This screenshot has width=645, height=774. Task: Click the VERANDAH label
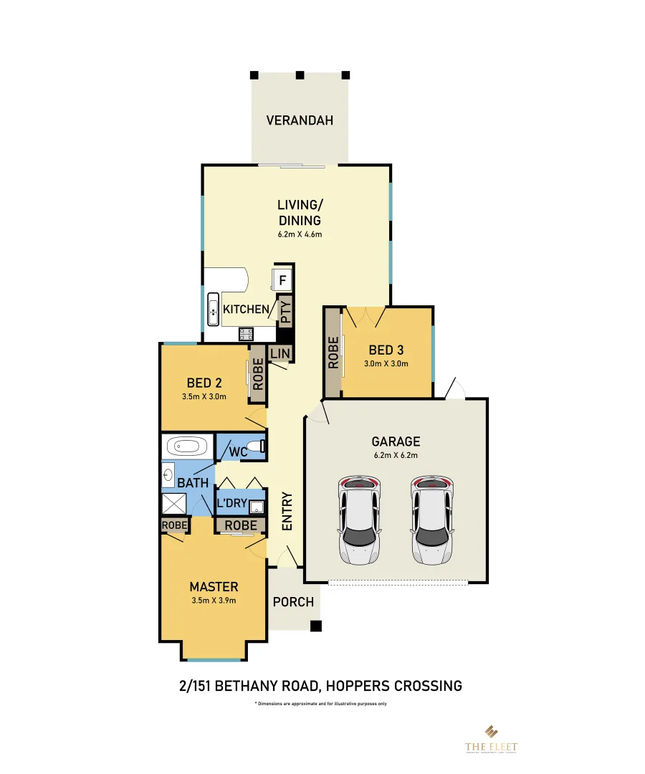pos(300,120)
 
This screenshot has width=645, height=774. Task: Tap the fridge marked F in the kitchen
pos(282,280)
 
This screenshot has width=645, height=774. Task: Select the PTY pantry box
pos(285,312)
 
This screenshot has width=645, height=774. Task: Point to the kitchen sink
pos(213,310)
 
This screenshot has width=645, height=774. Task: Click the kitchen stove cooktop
pos(247,333)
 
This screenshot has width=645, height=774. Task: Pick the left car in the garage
pos(360,520)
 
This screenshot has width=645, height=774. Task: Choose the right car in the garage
pos(432,520)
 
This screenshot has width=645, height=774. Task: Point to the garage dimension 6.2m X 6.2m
pos(396,455)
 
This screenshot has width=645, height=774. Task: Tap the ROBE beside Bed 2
pos(257,373)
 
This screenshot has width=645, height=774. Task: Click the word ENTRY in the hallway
pos(287,511)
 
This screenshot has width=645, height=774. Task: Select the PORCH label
pos(293,601)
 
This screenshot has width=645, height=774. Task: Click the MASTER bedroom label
pos(214,587)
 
